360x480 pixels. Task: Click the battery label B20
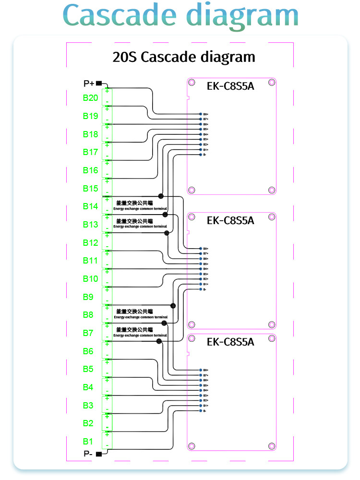(x=90, y=98)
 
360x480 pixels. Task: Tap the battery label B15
(x=90, y=188)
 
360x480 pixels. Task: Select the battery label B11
(x=90, y=261)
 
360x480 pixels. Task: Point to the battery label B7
(x=88, y=333)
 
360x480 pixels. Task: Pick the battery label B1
(x=88, y=441)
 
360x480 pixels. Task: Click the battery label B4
(x=88, y=387)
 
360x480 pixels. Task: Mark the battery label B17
(x=90, y=152)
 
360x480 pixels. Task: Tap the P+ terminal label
(x=89, y=84)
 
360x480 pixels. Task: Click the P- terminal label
(x=88, y=454)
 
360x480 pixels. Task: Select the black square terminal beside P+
(x=99, y=84)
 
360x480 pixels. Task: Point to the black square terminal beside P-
(x=99, y=454)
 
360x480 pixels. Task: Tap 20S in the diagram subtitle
(x=124, y=57)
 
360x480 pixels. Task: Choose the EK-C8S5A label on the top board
(x=230, y=87)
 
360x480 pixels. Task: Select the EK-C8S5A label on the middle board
(x=230, y=221)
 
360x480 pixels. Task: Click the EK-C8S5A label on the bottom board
(x=230, y=342)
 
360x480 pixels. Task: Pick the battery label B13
(x=90, y=225)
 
